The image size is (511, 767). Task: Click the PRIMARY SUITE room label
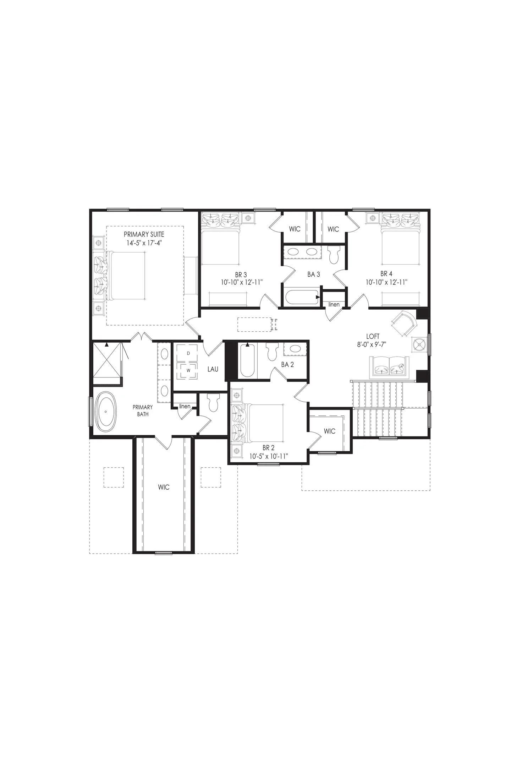click(144, 234)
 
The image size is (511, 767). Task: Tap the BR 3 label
click(241, 274)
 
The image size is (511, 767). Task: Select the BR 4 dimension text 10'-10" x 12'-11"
click(386, 282)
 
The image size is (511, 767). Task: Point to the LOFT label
click(373, 336)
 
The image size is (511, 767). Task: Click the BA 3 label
click(314, 274)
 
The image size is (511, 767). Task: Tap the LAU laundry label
click(213, 369)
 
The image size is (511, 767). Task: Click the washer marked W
click(188, 370)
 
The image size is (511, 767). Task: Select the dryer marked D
click(188, 353)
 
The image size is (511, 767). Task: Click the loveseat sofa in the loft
click(389, 368)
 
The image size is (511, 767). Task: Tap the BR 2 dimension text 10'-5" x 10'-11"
click(268, 456)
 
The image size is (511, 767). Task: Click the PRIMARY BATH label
click(143, 410)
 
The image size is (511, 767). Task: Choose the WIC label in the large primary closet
click(164, 487)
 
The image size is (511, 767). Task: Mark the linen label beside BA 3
click(334, 304)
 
